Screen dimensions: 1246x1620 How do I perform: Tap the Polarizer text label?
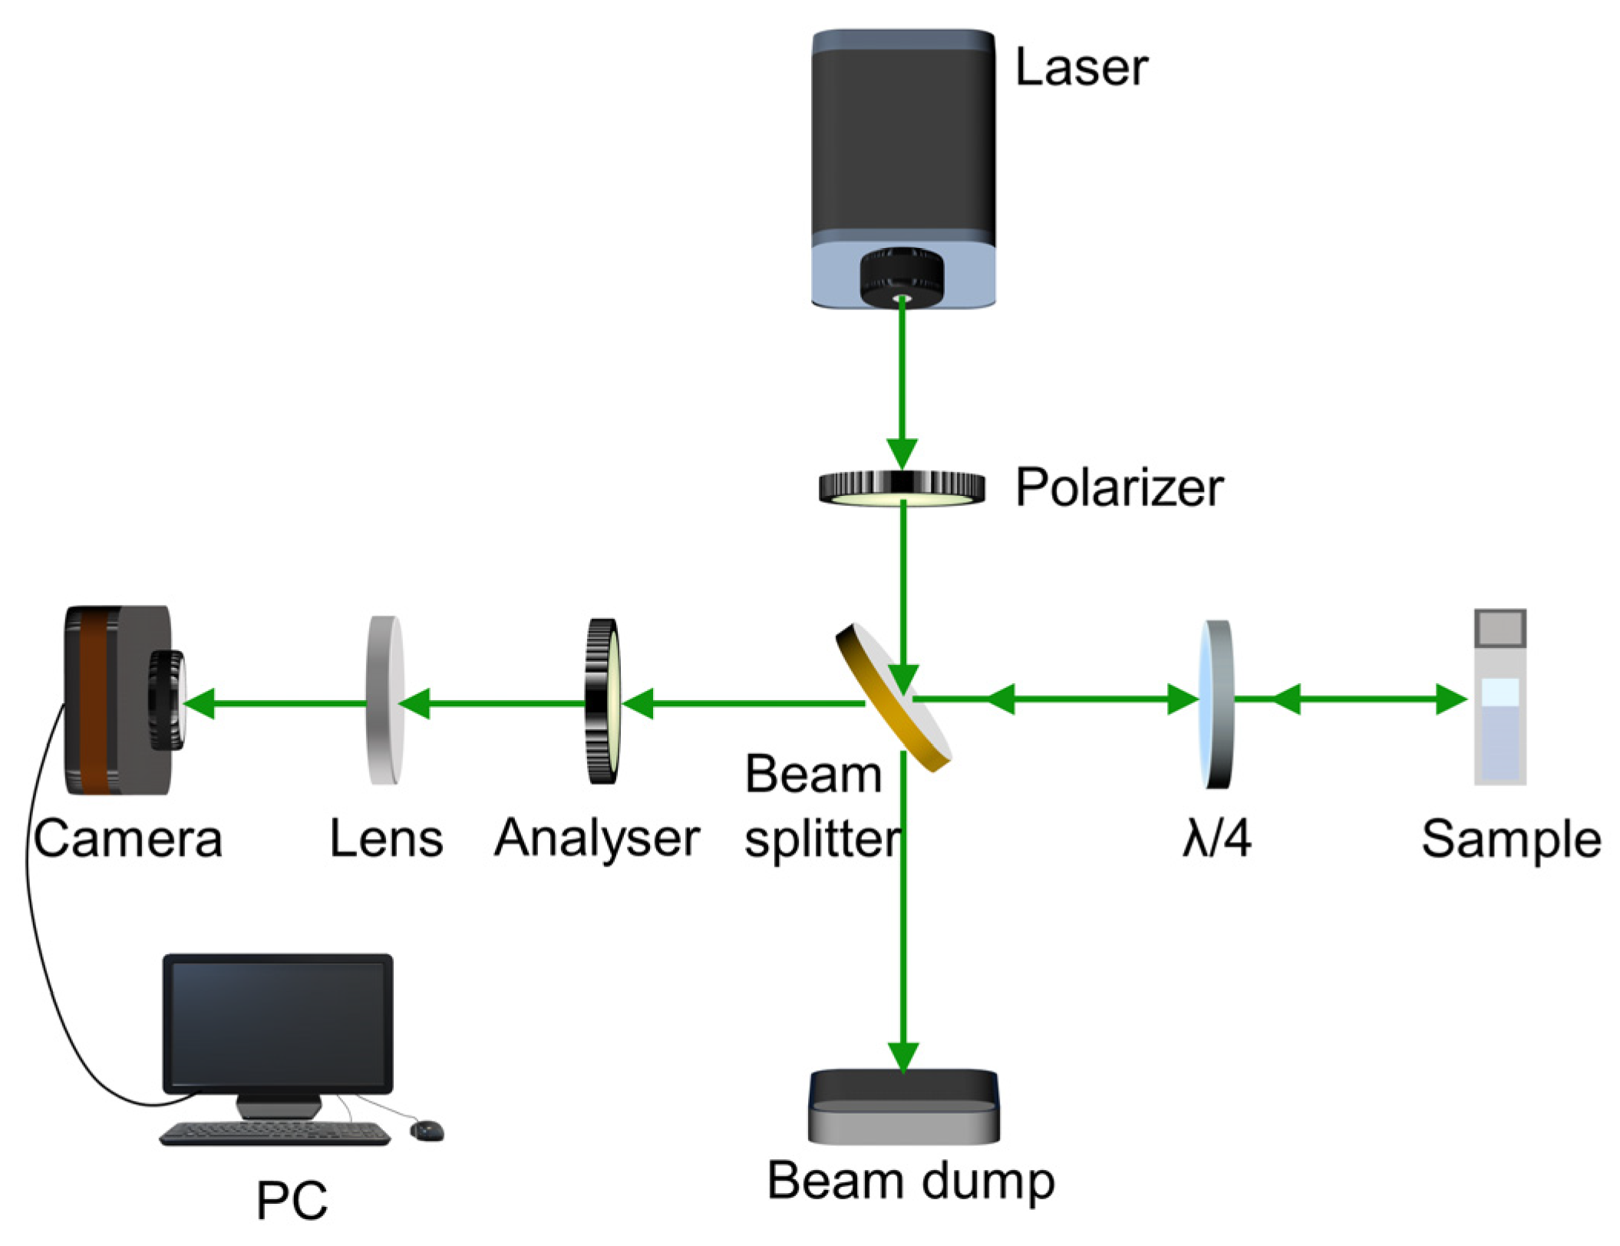coord(1119,487)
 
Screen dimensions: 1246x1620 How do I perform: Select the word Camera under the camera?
coord(128,838)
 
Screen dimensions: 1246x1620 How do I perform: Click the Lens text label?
coord(386,838)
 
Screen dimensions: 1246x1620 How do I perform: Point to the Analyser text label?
coord(597,838)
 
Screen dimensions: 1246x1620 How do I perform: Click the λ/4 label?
coord(1217,838)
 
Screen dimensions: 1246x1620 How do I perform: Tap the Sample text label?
coord(1510,838)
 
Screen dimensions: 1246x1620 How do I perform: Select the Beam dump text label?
coord(911,1181)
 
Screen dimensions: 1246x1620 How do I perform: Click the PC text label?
coord(292,1200)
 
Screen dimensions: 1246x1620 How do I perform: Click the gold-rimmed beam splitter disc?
coord(893,697)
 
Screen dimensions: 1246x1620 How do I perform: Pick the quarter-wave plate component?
coord(1216,704)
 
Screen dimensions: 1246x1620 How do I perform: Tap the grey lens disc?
coord(385,700)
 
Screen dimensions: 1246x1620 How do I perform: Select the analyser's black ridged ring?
coord(602,701)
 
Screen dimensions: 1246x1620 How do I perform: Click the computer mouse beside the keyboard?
coord(427,1129)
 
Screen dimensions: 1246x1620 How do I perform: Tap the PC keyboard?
coord(275,1132)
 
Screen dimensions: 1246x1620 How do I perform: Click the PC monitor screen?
coord(278,1023)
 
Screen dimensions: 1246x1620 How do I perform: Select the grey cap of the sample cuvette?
coord(1500,628)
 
